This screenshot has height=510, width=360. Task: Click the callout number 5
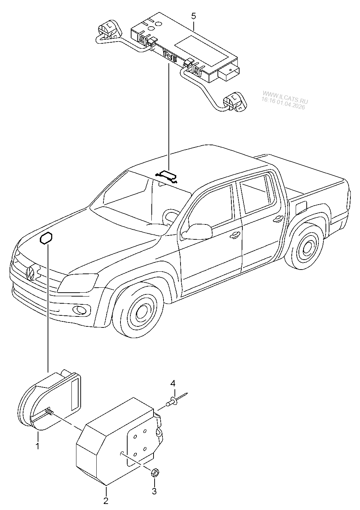[x=193, y=16]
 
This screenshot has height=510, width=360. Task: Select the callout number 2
[x=106, y=501]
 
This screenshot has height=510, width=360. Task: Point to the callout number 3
[x=154, y=492]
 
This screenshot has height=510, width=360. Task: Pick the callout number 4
[x=173, y=383]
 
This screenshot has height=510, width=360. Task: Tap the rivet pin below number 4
[x=173, y=401]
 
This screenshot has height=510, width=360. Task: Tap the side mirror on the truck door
[x=198, y=232]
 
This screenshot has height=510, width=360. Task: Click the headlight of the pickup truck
[x=77, y=283]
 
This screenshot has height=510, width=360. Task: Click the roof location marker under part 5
[x=167, y=175]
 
